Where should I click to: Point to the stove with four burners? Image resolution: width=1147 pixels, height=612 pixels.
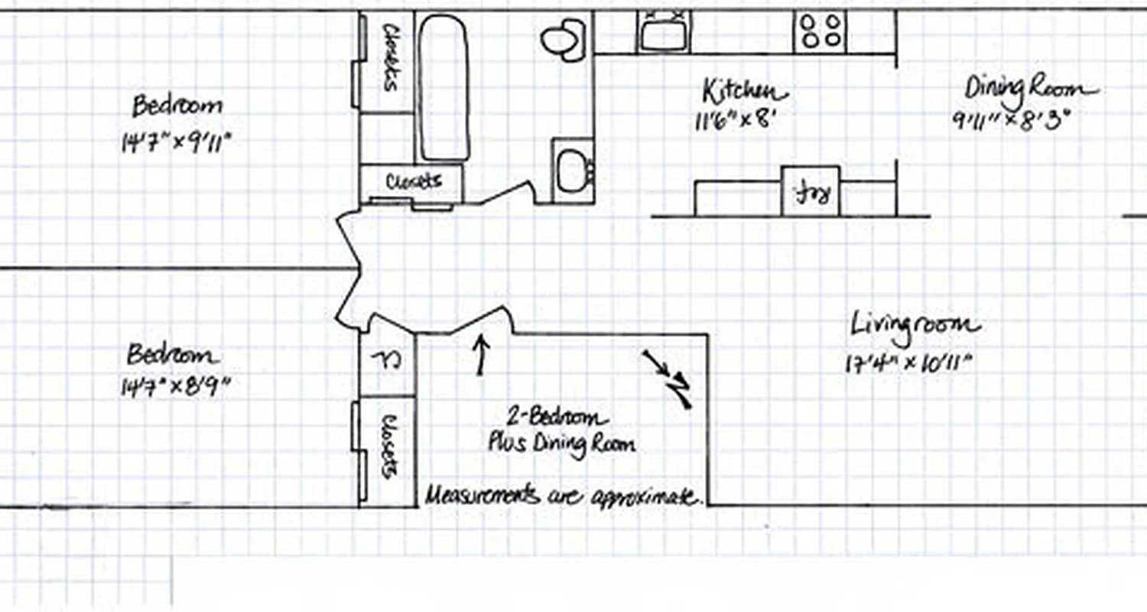click(x=820, y=31)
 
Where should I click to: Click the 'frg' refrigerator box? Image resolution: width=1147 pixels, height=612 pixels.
click(x=811, y=191)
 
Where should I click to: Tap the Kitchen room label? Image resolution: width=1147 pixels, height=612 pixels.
click(x=744, y=92)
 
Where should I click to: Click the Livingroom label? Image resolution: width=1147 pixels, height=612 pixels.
click(x=915, y=326)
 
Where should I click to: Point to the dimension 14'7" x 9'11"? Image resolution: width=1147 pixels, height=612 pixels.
click(x=175, y=143)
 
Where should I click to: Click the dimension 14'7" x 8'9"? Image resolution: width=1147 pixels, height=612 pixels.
click(x=175, y=387)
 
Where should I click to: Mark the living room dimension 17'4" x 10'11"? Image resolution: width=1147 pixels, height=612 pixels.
click(x=908, y=363)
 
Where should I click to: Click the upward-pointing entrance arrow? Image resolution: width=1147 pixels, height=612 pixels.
click(x=481, y=356)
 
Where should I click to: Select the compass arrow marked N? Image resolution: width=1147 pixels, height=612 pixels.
click(x=669, y=379)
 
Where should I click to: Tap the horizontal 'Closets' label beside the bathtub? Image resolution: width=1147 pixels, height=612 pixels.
click(x=414, y=181)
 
